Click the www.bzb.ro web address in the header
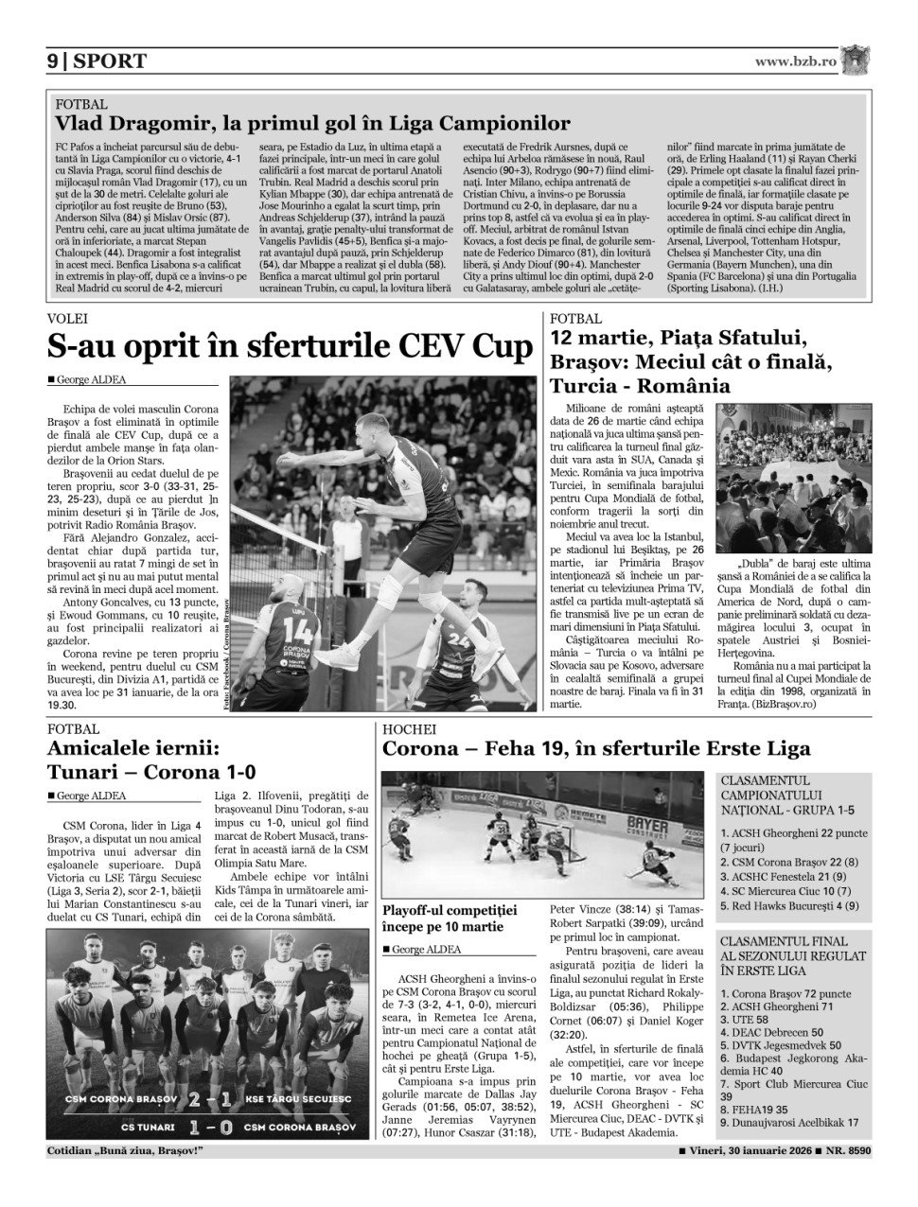(796, 61)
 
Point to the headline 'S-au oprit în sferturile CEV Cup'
(291, 348)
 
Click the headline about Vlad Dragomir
(312, 123)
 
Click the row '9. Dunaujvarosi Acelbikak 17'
(789, 1122)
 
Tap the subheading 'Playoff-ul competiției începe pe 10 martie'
(450, 918)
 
